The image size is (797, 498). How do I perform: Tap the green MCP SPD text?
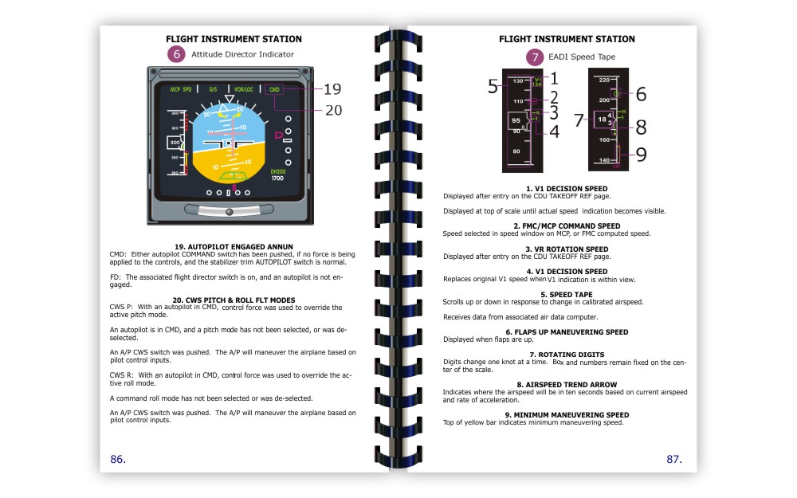(x=181, y=89)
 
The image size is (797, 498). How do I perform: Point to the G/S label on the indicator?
(x=213, y=89)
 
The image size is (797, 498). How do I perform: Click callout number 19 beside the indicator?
(x=332, y=88)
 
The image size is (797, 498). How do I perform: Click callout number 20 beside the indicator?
(x=332, y=110)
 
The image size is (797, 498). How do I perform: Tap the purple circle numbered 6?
(x=176, y=54)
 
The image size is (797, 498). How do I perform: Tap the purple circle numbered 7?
(x=536, y=57)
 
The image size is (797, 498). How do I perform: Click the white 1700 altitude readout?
(x=277, y=178)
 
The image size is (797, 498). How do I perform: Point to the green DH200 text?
(x=278, y=171)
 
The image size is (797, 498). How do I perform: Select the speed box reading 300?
(x=175, y=142)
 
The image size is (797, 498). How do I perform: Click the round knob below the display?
(x=229, y=211)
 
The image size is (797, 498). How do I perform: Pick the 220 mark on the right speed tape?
(x=604, y=80)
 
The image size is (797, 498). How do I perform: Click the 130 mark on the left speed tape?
(x=518, y=81)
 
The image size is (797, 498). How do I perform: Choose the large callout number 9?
(x=641, y=155)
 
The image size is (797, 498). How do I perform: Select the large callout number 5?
(x=493, y=87)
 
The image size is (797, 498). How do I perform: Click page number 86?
(x=118, y=459)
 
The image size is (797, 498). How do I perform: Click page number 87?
(x=674, y=459)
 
